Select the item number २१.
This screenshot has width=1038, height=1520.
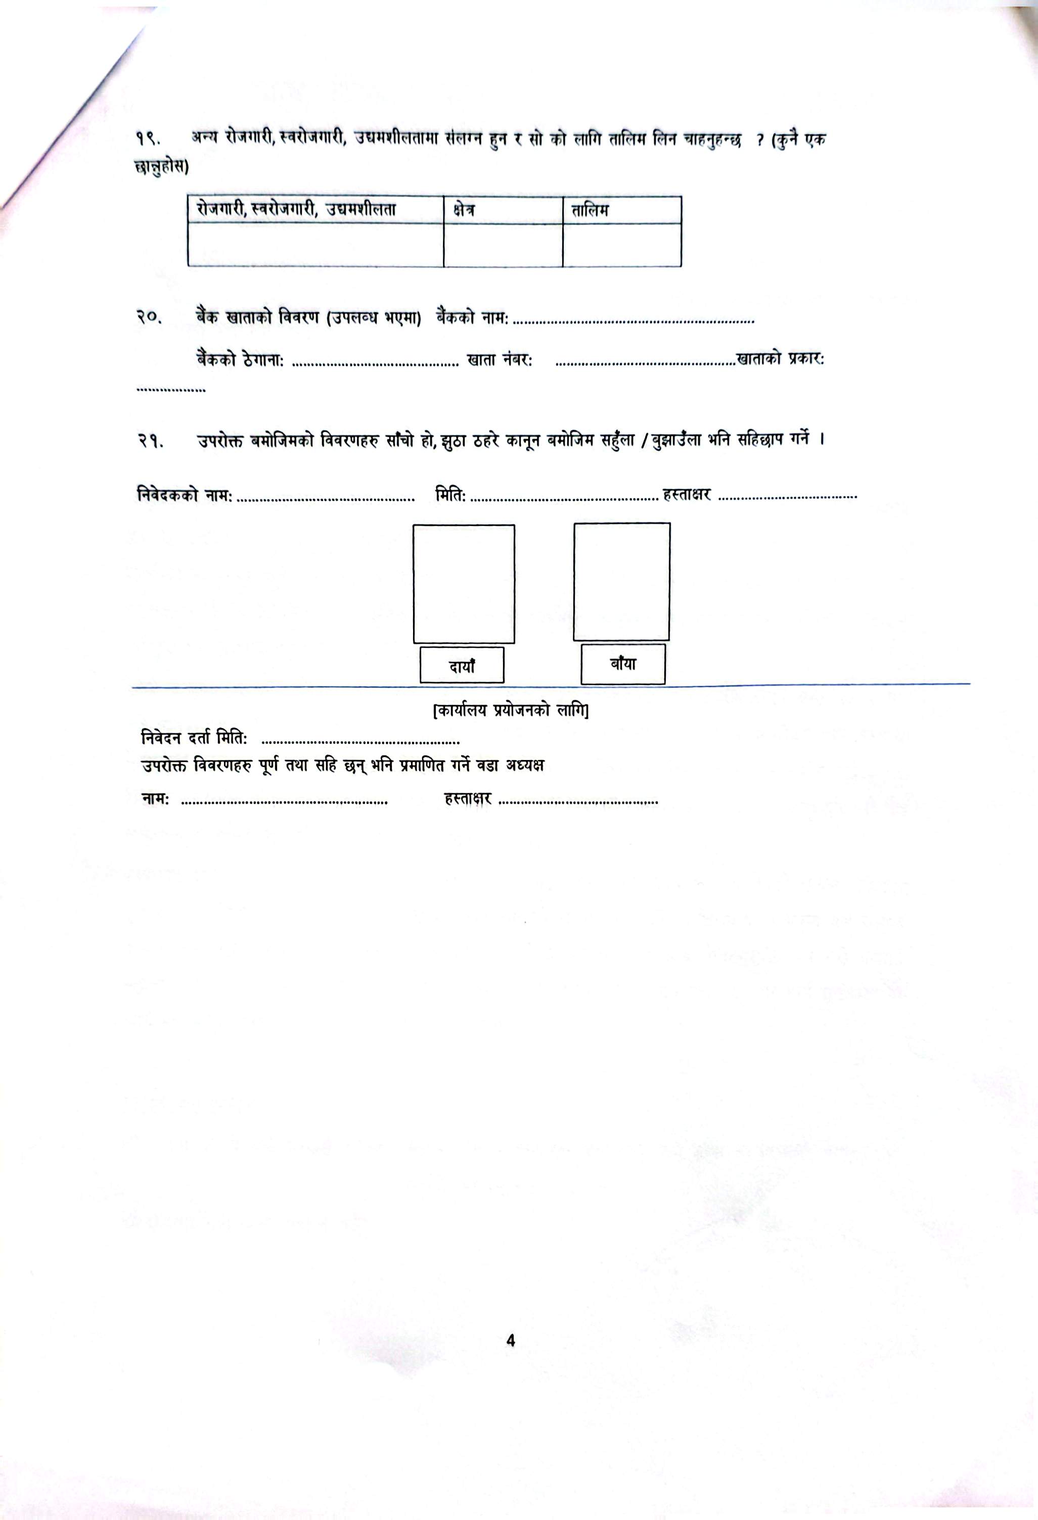pyautogui.click(x=149, y=440)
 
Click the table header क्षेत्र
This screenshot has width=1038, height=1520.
pyautogui.click(x=463, y=210)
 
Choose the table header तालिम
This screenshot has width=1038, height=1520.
pyautogui.click(x=590, y=210)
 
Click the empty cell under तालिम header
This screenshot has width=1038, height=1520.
pyautogui.click(x=622, y=245)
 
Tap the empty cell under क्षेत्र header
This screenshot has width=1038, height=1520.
pyautogui.click(x=503, y=245)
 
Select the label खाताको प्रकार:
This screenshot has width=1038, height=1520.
pyautogui.click(x=780, y=359)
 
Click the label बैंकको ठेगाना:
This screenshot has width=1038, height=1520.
pyautogui.click(x=240, y=359)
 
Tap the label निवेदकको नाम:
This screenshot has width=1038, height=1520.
pyautogui.click(x=185, y=495)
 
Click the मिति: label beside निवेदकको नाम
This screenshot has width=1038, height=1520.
pyautogui.click(x=450, y=495)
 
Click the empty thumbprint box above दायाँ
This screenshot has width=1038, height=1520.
pyautogui.click(x=463, y=584)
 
